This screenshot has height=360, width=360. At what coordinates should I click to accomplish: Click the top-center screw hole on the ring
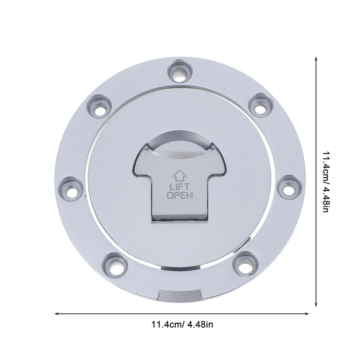click(x=180, y=71)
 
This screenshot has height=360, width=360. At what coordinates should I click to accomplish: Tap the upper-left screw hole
click(x=100, y=106)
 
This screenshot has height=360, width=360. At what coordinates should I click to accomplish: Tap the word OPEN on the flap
click(x=180, y=195)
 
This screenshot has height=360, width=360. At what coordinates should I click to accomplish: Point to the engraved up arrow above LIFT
click(x=180, y=175)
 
